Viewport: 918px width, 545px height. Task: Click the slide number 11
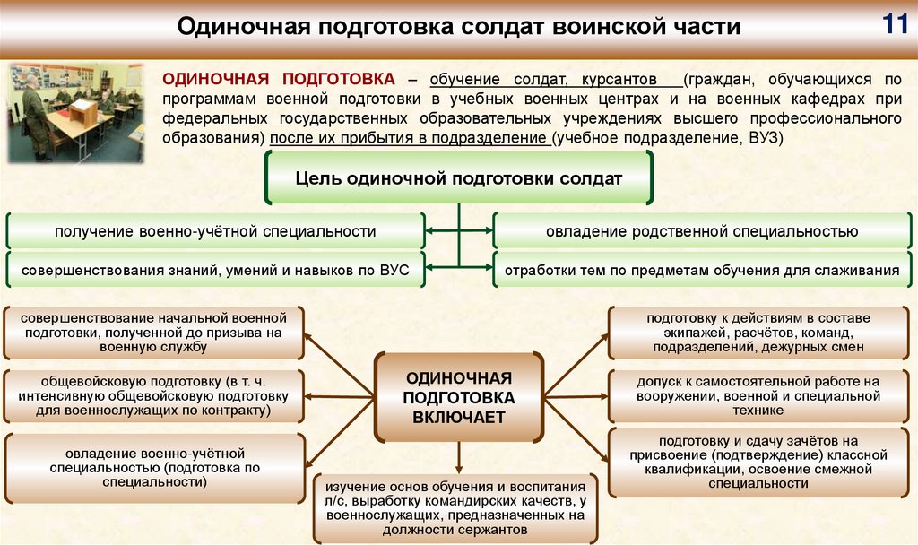tap(894, 24)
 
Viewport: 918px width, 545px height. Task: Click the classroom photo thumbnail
tap(76, 112)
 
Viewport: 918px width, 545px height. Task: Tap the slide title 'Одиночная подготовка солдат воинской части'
tap(458, 26)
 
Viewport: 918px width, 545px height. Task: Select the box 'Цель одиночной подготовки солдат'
tap(458, 177)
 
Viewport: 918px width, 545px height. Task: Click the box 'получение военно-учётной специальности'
tap(215, 231)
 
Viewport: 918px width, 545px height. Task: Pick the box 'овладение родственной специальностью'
tap(702, 231)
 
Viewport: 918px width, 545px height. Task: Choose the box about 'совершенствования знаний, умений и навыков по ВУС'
tap(215, 269)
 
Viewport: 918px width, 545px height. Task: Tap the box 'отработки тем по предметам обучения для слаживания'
tap(702, 269)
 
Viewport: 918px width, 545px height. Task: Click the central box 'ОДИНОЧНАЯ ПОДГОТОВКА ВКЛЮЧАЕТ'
tap(459, 397)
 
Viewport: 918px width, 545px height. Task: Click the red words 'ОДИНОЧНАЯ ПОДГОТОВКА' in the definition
tap(278, 79)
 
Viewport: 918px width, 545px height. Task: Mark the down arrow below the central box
tap(459, 459)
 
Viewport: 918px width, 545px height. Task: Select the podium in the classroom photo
tap(83, 112)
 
